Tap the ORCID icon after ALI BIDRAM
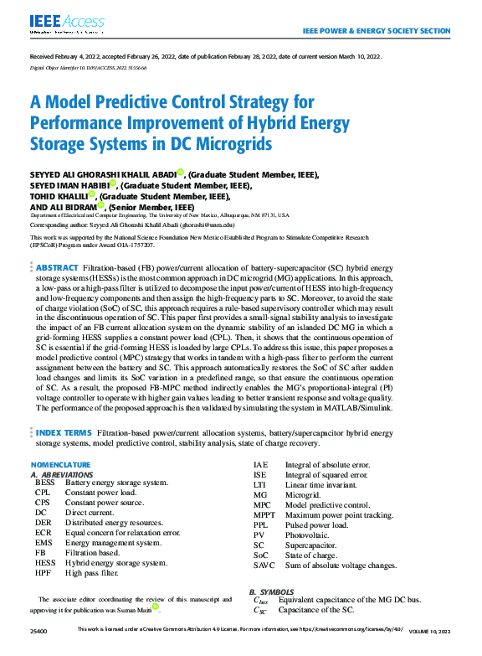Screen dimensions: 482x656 click(102, 205)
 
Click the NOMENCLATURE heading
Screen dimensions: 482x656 click(60, 464)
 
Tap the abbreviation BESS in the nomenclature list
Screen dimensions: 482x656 click(46, 483)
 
